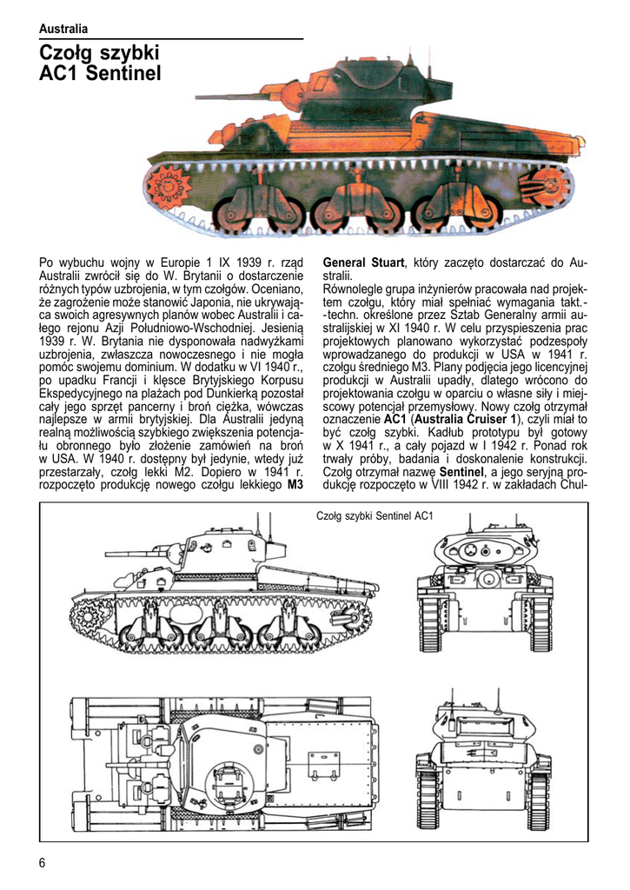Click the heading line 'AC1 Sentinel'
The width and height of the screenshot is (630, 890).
(101, 75)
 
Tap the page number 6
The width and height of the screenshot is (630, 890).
(43, 862)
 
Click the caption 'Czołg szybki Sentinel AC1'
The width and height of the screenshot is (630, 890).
(375, 516)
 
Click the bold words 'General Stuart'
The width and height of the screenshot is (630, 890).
(363, 262)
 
